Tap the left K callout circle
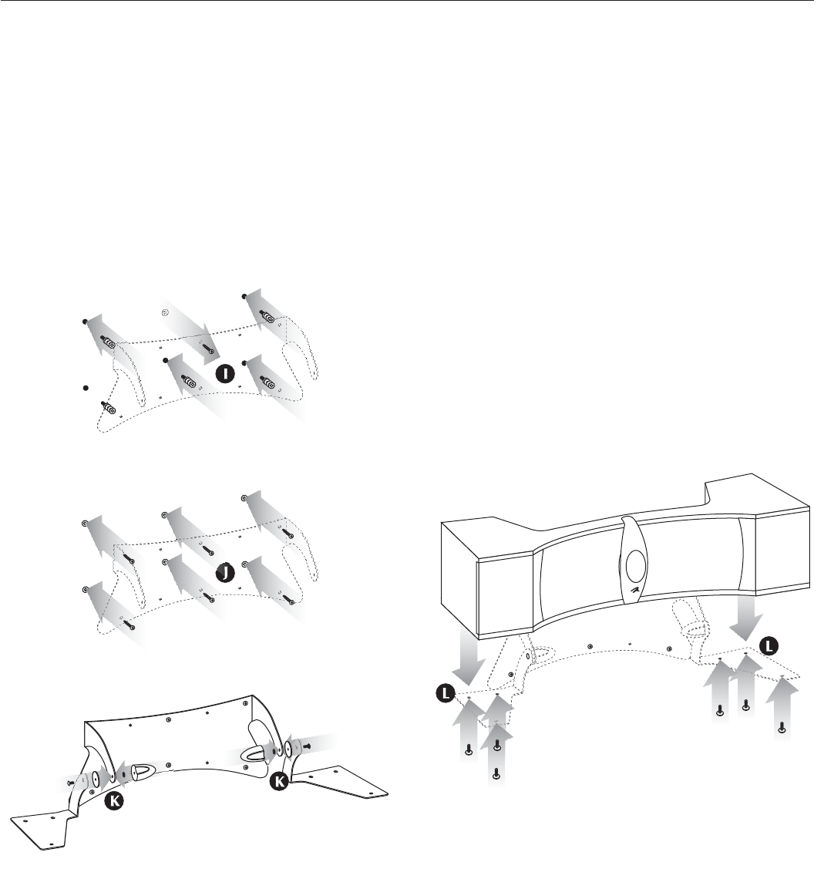[x=113, y=801]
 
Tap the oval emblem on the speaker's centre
[x=636, y=564]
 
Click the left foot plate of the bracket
[x=42, y=829]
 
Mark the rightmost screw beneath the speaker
[x=782, y=726]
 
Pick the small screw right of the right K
[x=308, y=746]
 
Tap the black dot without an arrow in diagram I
[x=86, y=387]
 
